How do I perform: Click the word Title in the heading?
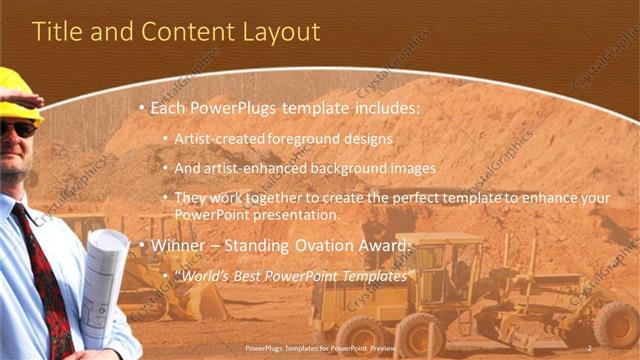57,32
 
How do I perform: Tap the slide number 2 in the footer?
590,348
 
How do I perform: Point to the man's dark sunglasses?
17,129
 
